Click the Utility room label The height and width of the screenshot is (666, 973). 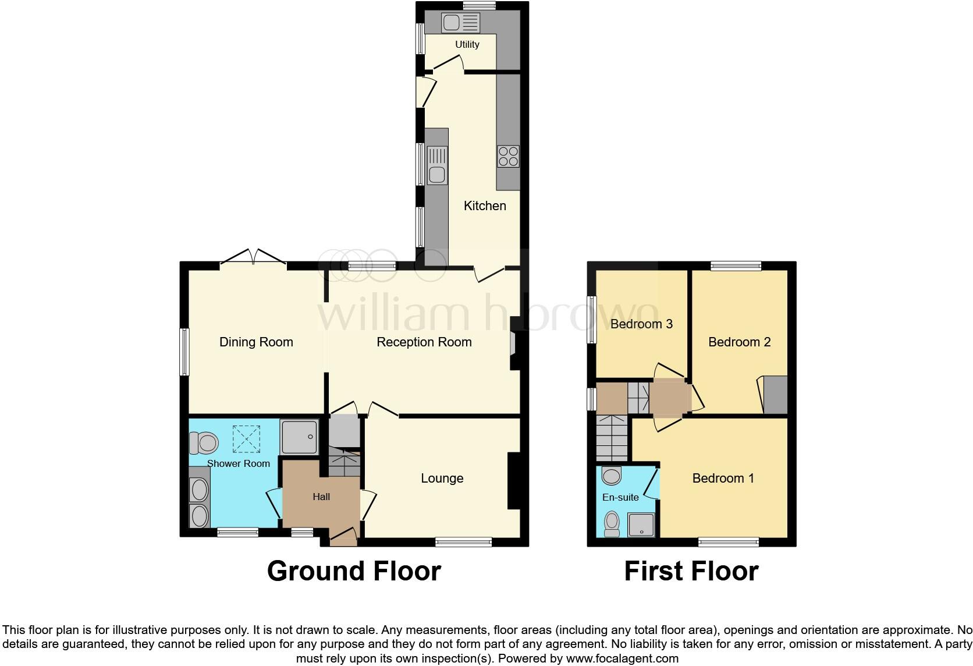point(467,44)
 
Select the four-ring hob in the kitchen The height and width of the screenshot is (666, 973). point(508,157)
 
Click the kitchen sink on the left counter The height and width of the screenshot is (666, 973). point(436,166)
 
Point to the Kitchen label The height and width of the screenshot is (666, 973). point(484,206)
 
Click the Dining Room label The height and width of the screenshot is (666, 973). point(256,342)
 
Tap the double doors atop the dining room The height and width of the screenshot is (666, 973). point(254,258)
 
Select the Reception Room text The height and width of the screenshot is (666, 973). point(424,342)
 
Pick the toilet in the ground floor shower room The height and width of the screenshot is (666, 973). point(203,442)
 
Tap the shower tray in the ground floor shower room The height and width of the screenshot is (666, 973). point(299,437)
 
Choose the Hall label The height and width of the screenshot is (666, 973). point(321,497)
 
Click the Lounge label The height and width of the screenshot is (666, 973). point(442,478)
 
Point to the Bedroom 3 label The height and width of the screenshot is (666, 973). point(641,324)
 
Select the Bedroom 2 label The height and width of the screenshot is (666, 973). point(739,342)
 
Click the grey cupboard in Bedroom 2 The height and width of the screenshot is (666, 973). point(775,395)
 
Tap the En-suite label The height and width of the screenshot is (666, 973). point(620,497)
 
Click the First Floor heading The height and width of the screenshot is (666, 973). point(691,571)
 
